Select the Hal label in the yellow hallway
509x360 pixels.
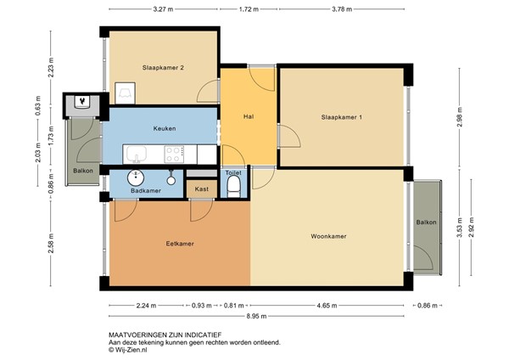pos(249,117)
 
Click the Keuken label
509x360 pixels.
pos(165,128)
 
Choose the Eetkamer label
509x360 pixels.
pos(179,244)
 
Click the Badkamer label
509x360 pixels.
pos(146,192)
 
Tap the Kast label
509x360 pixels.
pos(201,189)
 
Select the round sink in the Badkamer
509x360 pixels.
pos(135,177)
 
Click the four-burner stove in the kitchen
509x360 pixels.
pos(174,155)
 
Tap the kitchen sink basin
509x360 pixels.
pos(136,155)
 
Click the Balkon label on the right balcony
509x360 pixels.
pos(426,222)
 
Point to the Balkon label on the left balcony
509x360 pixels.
pos(83,171)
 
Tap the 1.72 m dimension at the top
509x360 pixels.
pos(249,11)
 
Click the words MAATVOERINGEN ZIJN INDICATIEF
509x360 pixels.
pos(159,335)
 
